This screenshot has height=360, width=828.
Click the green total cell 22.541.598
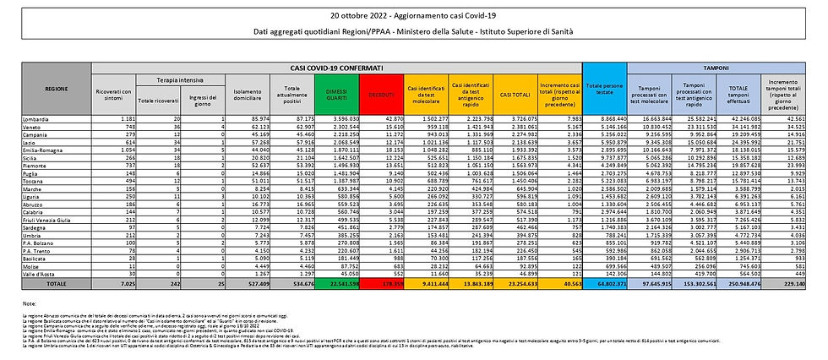pos(335,286)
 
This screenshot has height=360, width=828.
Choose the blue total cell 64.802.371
pos(605,286)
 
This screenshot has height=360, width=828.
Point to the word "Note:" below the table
pos(29,303)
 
